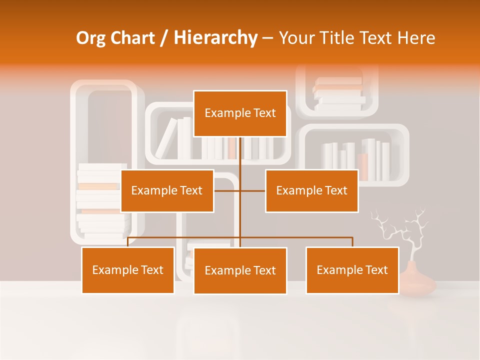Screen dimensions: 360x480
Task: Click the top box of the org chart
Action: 240,113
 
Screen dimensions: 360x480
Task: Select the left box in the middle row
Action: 167,190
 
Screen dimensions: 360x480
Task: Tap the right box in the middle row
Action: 311,190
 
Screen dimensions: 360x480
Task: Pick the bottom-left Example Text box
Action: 127,270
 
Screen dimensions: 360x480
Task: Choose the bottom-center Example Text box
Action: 240,270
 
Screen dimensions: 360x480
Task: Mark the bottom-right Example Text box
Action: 352,270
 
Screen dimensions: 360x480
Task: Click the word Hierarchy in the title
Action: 215,38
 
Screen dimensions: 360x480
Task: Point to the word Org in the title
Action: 90,38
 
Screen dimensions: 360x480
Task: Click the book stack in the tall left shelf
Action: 100,200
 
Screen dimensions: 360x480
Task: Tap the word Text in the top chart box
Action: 264,113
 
